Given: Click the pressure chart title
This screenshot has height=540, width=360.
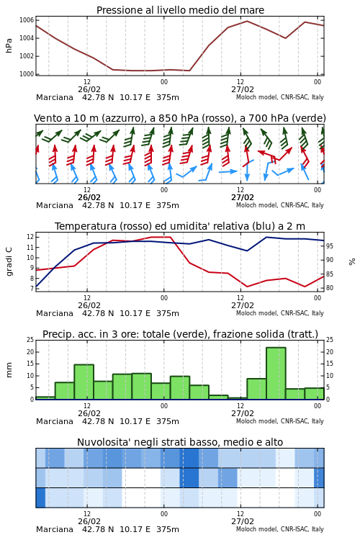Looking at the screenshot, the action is pos(180,10).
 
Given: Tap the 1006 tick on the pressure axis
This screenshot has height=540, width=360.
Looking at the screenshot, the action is pos(27,20).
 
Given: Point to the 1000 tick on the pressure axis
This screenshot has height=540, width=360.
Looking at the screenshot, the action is pos(27,74).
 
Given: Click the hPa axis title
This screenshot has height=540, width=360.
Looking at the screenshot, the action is pos(9,45).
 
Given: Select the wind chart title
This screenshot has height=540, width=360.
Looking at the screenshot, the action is pos(180,119).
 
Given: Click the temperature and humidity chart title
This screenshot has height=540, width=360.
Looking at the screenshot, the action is pos(180,226).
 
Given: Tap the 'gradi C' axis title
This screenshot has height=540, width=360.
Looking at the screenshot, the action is pos(9,261).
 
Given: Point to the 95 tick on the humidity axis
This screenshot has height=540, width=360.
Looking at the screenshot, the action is pos(330,246).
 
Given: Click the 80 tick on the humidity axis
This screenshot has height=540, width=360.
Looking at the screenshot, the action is pos(330,288).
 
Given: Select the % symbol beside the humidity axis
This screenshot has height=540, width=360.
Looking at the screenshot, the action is pos(352,262).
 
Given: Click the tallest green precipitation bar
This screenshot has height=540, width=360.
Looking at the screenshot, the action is pos(276,373).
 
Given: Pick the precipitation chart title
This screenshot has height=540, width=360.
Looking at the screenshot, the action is pos(180,334).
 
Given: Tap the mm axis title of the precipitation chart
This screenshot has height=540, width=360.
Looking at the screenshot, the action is pos(9,370).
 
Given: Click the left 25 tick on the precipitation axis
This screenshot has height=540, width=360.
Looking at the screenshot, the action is pos(30,340).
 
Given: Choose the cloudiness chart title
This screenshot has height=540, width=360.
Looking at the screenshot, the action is pos(180,442).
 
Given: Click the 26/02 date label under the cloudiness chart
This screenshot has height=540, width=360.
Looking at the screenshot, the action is pos(89,521).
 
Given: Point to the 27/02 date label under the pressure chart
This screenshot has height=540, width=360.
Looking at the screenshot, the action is pos(243,89).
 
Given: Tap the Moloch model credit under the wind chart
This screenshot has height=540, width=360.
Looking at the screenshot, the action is pos(280,205).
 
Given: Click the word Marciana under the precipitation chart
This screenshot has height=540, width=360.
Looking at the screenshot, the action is pos(55,421).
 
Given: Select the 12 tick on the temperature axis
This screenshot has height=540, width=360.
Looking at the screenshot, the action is pos(30,237).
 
